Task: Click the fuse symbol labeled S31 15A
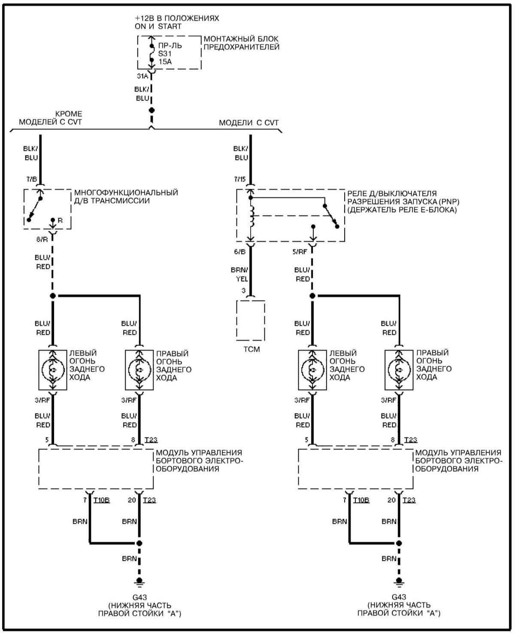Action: (151, 53)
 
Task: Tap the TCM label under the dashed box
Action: (251, 349)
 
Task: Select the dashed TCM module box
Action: (251, 320)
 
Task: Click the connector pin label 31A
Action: (142, 76)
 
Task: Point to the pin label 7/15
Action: (240, 179)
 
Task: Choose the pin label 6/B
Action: (240, 252)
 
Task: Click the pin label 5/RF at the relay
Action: (300, 252)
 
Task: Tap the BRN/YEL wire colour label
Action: (240, 274)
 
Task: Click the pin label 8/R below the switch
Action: (42, 239)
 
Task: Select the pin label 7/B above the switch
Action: (32, 179)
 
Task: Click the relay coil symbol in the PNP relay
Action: (252, 216)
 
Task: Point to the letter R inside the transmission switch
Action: (60, 220)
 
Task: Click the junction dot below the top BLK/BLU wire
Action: (151, 110)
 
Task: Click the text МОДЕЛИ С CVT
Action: (249, 123)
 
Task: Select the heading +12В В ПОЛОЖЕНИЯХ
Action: (177, 18)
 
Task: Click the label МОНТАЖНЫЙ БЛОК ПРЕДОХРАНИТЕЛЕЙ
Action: (242, 43)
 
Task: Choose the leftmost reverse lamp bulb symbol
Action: (53, 370)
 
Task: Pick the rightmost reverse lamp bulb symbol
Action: (399, 370)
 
